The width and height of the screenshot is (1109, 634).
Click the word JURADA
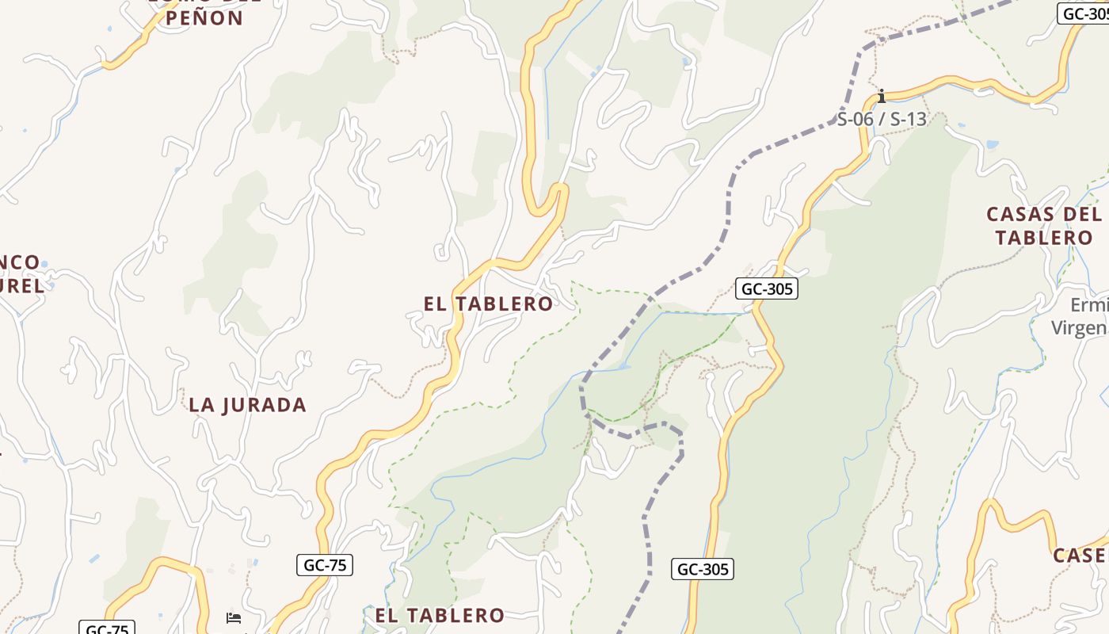[265, 405]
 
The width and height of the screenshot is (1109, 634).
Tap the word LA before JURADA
[201, 405]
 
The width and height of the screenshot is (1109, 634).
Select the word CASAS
[1020, 215]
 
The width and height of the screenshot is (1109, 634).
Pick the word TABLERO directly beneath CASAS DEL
[1044, 238]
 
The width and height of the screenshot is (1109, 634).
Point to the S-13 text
[908, 120]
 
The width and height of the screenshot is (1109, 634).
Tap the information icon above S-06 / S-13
[881, 97]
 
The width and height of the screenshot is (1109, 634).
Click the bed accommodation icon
[234, 617]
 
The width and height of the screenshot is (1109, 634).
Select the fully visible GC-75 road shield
[324, 565]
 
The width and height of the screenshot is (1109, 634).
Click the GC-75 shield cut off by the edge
[107, 628]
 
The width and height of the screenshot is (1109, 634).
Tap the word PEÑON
[205, 18]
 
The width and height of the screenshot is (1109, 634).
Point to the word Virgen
[1078, 327]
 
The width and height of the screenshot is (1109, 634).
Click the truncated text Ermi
[1088, 305]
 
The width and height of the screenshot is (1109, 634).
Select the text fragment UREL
[21, 286]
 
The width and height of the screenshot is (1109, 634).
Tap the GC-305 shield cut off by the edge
[1084, 13]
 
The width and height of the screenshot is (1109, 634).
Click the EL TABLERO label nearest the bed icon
[440, 615]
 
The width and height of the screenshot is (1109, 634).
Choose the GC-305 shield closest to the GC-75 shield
[703, 569]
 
